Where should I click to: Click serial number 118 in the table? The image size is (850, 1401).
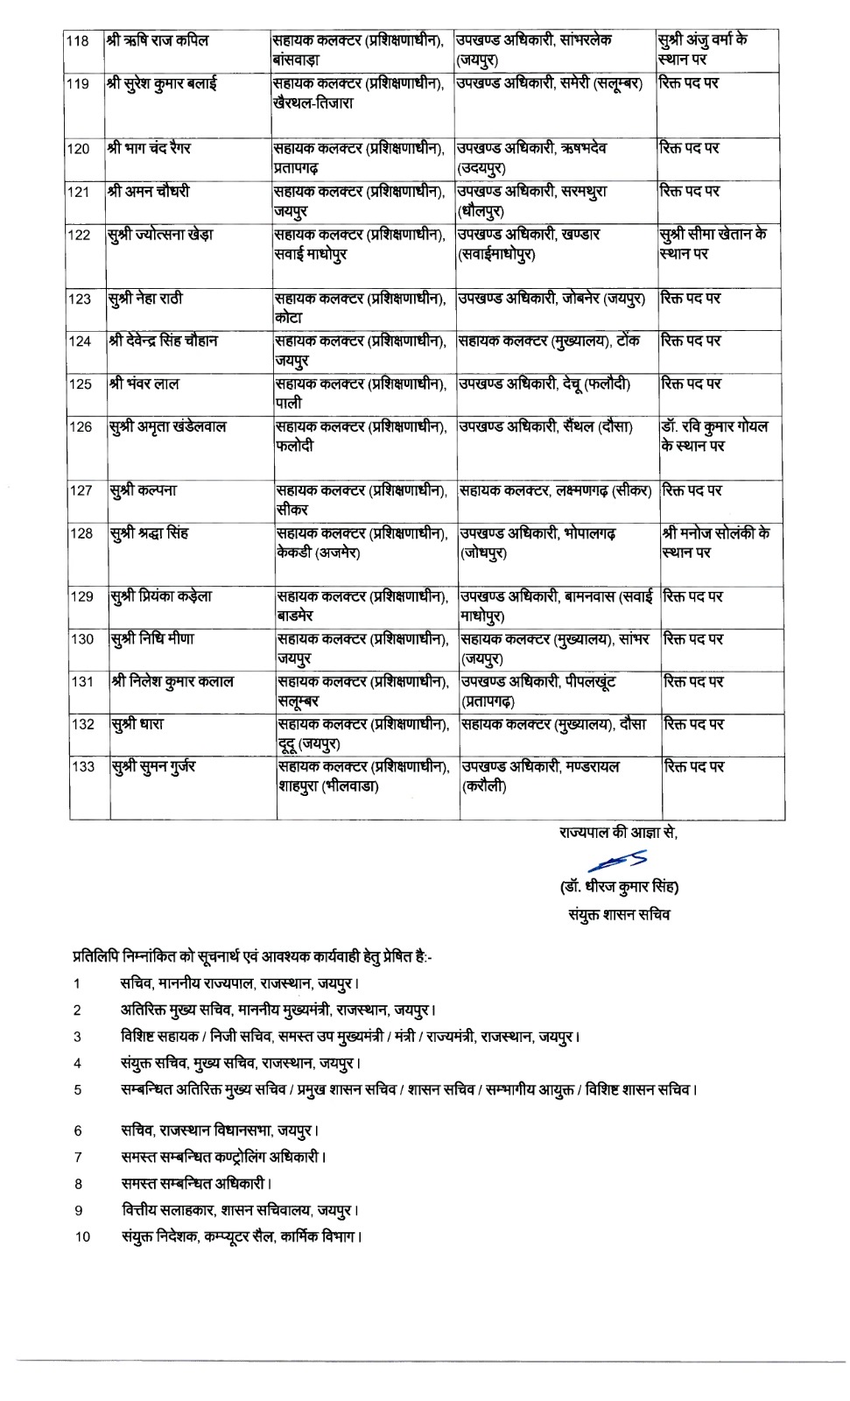pyautogui.click(x=77, y=41)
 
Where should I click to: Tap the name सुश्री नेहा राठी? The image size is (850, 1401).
pyautogui.click(x=146, y=299)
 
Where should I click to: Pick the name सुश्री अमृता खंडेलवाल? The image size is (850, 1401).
pyautogui.click(x=167, y=426)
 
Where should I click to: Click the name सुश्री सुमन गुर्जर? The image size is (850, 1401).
pyautogui.click(x=153, y=767)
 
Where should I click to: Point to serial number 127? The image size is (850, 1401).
pyautogui.click(x=81, y=490)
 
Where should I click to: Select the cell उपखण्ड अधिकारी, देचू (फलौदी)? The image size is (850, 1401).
pyautogui.click(x=544, y=384)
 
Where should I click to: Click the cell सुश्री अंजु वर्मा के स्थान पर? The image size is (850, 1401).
pyautogui.click(x=702, y=50)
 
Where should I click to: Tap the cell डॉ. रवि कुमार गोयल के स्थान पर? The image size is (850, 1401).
pyautogui.click(x=713, y=436)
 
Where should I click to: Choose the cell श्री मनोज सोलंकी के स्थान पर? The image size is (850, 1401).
pyautogui.click(x=715, y=542)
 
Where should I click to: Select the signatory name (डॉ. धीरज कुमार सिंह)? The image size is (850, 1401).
pyautogui.click(x=619, y=887)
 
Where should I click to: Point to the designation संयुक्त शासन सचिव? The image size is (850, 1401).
pyautogui.click(x=619, y=915)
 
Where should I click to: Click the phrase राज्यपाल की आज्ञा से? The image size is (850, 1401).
pyautogui.click(x=618, y=833)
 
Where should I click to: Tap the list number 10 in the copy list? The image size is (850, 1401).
pyautogui.click(x=82, y=1236)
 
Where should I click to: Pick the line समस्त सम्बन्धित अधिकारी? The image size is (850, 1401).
pyautogui.click(x=196, y=1183)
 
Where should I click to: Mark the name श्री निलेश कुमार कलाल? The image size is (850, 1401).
pyautogui.click(x=172, y=681)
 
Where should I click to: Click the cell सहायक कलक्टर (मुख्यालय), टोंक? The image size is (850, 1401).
pyautogui.click(x=550, y=341)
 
